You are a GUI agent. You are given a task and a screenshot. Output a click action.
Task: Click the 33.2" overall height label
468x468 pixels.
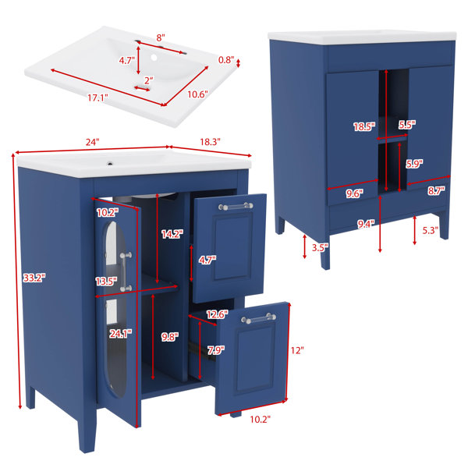[x=34, y=278]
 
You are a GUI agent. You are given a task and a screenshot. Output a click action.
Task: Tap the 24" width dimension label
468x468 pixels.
[x=92, y=142]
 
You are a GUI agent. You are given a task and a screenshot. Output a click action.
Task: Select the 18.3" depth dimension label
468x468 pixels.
[x=210, y=142]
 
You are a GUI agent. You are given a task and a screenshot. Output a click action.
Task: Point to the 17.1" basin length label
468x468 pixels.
[x=97, y=97]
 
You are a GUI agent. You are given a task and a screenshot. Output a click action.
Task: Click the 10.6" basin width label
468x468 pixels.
[x=197, y=94]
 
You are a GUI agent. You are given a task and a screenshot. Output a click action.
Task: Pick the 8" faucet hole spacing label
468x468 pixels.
[x=161, y=38]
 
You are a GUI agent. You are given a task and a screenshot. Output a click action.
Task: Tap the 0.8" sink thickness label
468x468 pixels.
[x=226, y=60]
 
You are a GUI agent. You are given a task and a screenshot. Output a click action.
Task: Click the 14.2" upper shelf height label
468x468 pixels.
[x=172, y=234]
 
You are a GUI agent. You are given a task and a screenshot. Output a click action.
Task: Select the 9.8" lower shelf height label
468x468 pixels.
[x=170, y=337]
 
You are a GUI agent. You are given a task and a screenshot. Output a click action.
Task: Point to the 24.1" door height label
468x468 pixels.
[x=121, y=333]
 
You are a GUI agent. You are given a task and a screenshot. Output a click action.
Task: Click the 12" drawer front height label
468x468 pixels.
[x=297, y=350]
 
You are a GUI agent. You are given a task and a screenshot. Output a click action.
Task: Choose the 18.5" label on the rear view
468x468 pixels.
[x=364, y=127]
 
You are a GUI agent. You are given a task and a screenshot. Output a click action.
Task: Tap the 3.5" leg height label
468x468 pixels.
[x=320, y=247]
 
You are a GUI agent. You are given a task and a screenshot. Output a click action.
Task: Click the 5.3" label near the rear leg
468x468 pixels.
[x=430, y=230]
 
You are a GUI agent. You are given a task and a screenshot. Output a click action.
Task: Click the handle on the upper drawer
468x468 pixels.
[x=236, y=206]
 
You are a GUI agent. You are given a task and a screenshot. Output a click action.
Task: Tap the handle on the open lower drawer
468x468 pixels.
[x=258, y=318]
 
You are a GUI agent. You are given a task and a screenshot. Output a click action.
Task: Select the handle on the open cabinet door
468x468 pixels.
[x=126, y=271]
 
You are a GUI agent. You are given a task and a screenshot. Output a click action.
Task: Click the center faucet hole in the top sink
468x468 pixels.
[x=154, y=57]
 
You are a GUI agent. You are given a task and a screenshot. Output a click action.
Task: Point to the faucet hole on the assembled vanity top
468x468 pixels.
[x=110, y=164]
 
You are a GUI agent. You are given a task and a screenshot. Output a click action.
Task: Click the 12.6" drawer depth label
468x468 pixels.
[x=218, y=314]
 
